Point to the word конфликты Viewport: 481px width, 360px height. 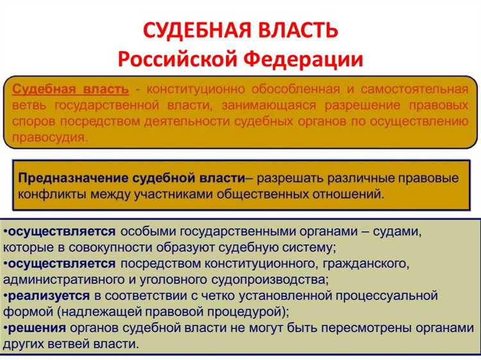(x=50, y=193)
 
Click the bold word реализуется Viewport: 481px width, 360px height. (x=48, y=296)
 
